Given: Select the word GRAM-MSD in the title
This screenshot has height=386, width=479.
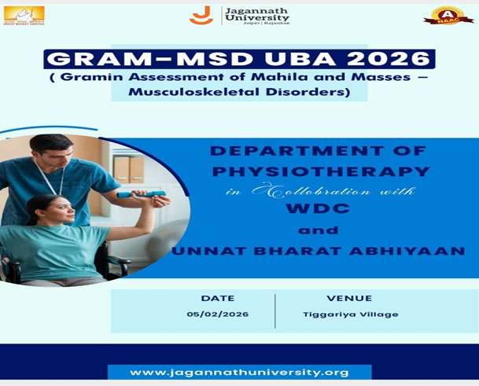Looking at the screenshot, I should tap(121, 60).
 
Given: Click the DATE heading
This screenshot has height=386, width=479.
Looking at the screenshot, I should tap(218, 299).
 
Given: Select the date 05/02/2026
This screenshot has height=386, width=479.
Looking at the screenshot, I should tap(218, 314).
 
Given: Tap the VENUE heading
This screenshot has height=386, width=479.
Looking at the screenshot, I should tap(349, 299).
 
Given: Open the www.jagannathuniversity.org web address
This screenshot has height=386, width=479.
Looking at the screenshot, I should tap(239, 372).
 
